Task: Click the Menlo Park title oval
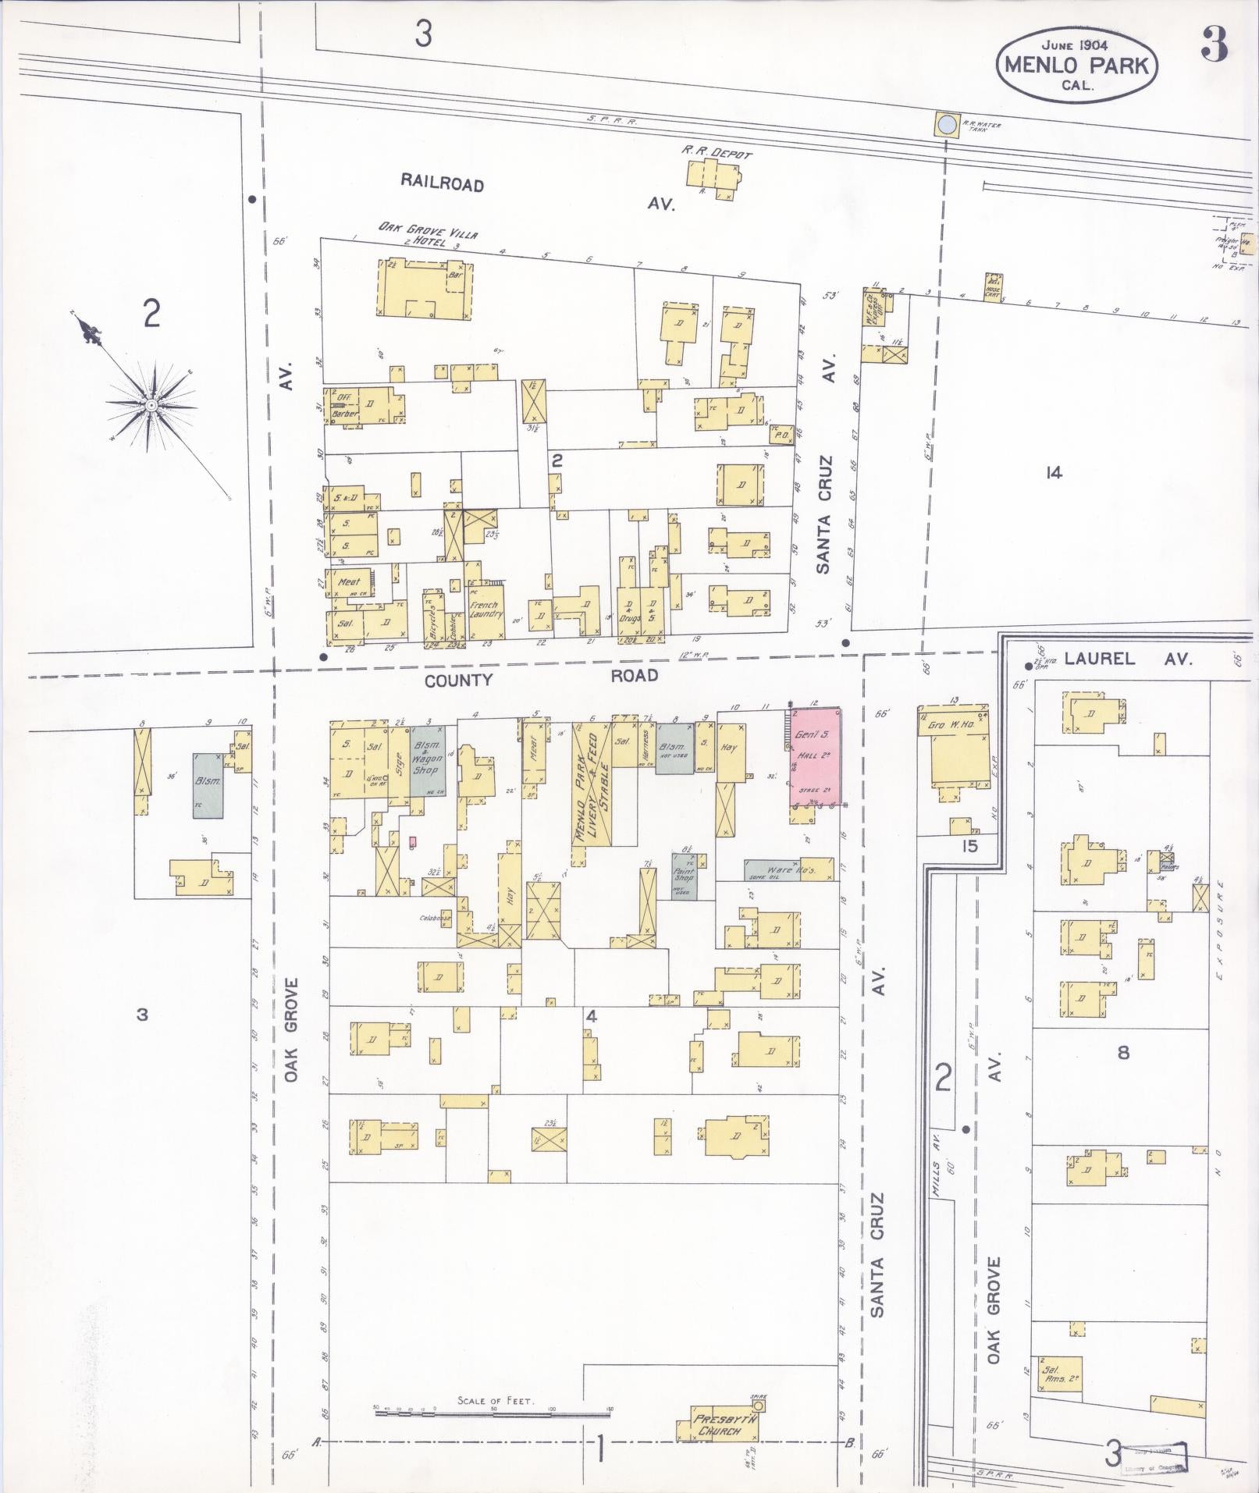[1076, 66]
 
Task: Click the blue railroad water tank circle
[948, 125]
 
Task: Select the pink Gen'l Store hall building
[813, 755]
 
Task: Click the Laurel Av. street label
[1129, 659]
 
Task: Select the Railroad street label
[442, 183]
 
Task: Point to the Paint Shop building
[685, 877]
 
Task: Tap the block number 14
[1054, 472]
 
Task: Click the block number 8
[1123, 1053]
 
